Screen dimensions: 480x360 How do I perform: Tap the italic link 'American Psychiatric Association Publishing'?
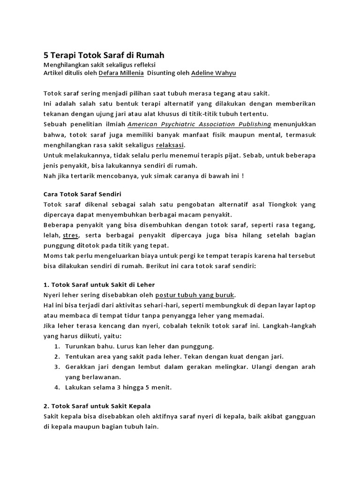tap(199, 124)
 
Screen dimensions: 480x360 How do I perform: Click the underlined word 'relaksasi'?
tap(170, 144)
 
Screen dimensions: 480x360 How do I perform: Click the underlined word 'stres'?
tap(70, 235)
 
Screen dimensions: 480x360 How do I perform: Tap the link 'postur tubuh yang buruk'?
tap(195, 295)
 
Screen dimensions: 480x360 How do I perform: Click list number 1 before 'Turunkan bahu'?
tap(56, 346)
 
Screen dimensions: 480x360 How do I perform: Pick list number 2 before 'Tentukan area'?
tap(56, 356)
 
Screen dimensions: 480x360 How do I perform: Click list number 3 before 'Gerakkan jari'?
tap(56, 367)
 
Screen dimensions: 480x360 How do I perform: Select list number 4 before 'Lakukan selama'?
tap(56, 387)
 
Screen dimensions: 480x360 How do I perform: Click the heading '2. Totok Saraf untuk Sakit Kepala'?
tap(97, 405)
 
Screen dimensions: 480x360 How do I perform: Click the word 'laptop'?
tap(305, 305)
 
